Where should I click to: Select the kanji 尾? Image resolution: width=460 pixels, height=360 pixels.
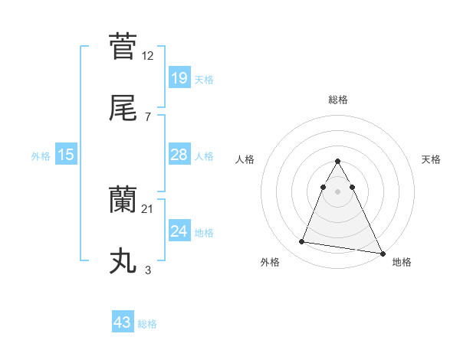click(123, 110)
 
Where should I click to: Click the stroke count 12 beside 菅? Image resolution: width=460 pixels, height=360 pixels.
click(148, 55)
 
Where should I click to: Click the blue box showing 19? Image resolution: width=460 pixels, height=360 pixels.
click(179, 77)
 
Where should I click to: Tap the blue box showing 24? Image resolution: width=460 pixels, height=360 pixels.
click(179, 231)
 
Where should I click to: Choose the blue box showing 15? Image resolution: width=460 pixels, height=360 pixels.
click(66, 155)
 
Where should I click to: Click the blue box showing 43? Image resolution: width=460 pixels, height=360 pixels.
click(123, 322)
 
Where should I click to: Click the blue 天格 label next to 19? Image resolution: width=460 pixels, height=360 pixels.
click(204, 79)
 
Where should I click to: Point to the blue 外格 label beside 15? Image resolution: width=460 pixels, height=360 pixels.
click(41, 156)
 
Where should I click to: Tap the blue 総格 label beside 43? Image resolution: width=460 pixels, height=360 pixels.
click(147, 324)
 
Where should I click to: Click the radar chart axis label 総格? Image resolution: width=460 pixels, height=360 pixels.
click(337, 100)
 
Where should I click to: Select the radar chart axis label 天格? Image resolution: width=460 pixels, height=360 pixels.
click(431, 159)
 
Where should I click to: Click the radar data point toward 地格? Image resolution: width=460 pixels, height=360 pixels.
click(383, 253)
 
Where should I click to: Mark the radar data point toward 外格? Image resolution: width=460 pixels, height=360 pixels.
click(302, 242)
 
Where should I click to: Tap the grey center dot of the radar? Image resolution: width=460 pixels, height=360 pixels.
click(337, 190)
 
